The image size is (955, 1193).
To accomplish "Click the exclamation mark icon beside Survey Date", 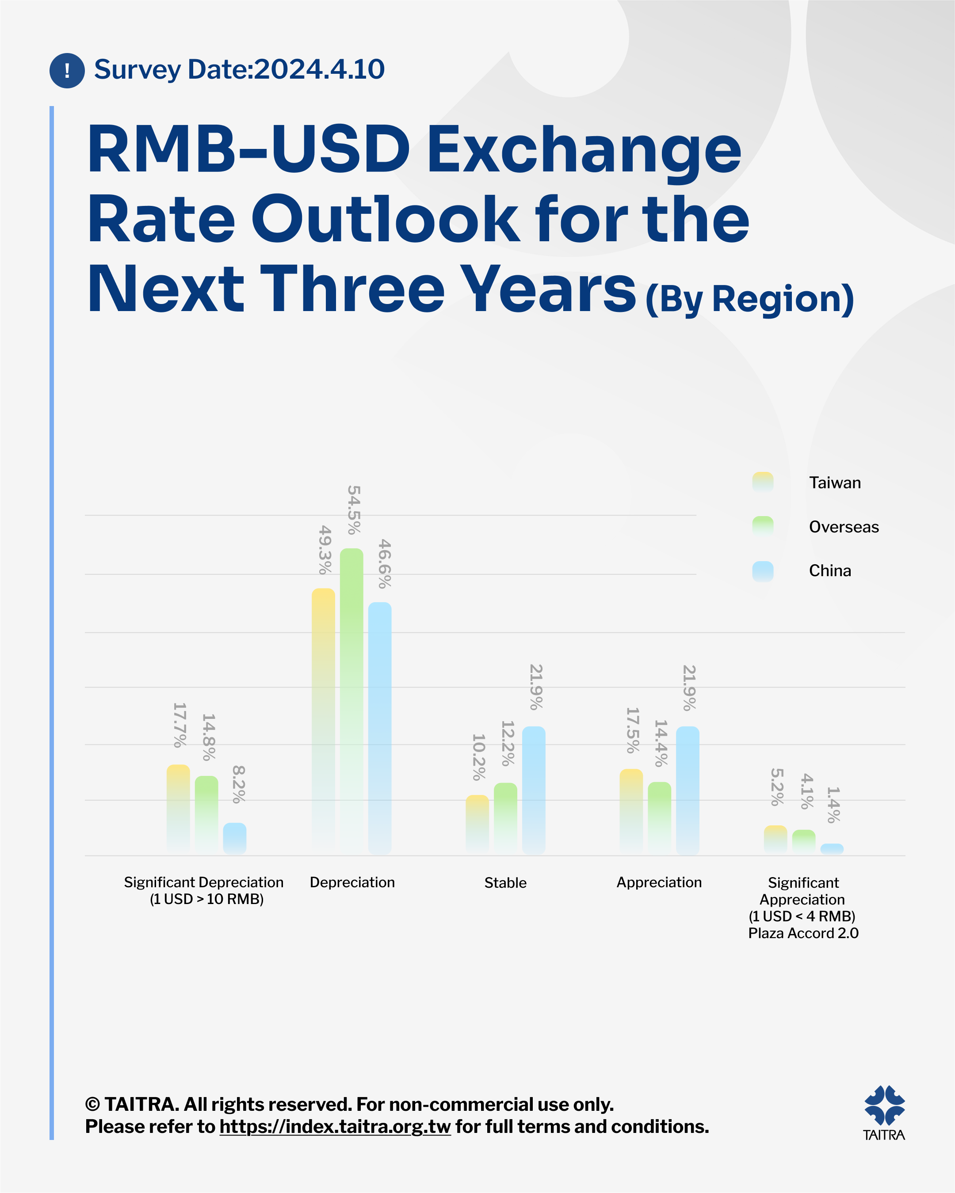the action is (67, 70).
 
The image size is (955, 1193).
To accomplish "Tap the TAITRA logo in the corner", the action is (884, 1112).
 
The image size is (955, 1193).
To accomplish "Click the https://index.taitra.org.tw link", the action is (335, 1127).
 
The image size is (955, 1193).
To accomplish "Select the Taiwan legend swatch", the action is (763, 482).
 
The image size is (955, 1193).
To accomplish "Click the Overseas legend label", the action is (844, 527).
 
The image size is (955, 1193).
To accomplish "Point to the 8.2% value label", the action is (239, 784).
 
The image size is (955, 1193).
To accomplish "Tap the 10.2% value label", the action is (479, 757).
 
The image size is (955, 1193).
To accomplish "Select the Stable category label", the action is (505, 882).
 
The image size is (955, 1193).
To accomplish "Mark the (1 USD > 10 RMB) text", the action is (206, 899).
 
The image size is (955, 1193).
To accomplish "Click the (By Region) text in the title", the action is (749, 300).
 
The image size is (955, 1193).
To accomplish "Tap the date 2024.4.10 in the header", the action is (320, 70).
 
